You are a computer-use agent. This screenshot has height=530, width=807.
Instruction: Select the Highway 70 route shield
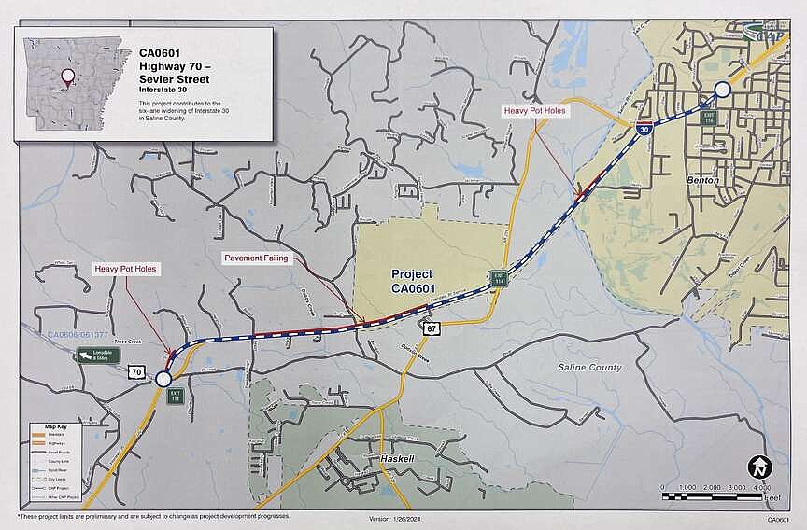pos(137,373)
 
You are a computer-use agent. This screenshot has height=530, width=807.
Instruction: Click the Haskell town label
pos(397,460)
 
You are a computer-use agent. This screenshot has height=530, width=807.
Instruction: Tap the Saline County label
pos(589,368)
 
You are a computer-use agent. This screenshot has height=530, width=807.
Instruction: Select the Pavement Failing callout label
pos(256,257)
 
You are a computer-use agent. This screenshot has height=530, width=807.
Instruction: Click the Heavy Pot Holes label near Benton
pos(535,110)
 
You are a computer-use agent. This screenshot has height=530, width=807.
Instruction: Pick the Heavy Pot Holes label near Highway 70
pos(126,269)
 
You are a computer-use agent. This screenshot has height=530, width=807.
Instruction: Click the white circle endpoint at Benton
pos(722,90)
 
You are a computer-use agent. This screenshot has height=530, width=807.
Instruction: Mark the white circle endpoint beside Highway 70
pos(163,379)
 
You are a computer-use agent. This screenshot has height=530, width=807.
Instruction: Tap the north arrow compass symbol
pos(757,467)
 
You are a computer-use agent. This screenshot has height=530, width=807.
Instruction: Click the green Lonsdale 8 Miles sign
pos(101,356)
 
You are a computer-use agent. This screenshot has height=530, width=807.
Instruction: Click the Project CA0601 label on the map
pos(412,282)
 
